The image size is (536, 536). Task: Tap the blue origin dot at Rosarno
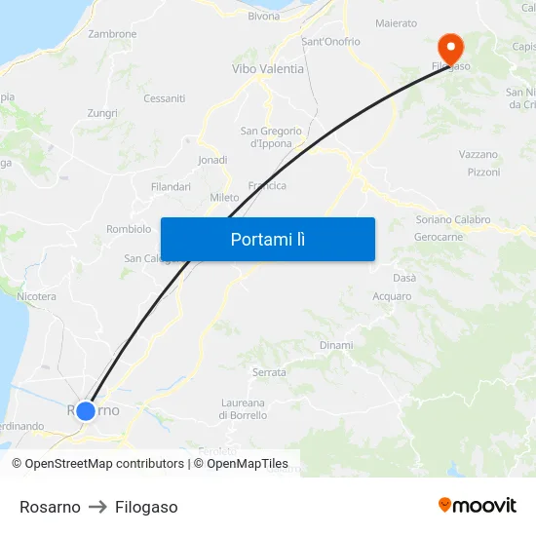(x=86, y=410)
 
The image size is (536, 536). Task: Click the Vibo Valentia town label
(x=268, y=69)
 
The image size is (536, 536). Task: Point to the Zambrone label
(x=112, y=34)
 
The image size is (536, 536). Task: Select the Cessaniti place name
(x=164, y=98)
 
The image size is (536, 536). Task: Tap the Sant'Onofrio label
(x=330, y=42)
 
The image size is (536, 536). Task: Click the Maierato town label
(x=396, y=23)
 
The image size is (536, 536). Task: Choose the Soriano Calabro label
(x=452, y=219)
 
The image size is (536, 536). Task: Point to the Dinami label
(x=336, y=345)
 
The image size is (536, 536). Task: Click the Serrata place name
(x=269, y=372)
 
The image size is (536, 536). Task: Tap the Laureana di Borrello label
(x=243, y=409)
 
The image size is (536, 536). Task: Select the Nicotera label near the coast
(x=37, y=296)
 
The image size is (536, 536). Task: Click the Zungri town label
(x=102, y=113)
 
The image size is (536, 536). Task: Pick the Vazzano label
(x=478, y=154)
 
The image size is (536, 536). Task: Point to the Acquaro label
(x=392, y=296)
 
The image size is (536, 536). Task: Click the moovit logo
(x=478, y=505)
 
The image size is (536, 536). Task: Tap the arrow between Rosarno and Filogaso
(x=97, y=507)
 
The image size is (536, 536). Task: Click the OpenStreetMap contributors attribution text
(x=102, y=464)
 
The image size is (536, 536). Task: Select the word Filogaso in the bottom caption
(x=146, y=507)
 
